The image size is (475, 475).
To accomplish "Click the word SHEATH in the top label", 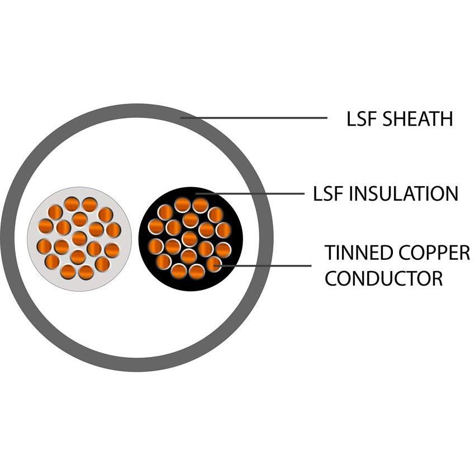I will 417,119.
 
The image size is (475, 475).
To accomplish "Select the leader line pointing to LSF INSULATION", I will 251,194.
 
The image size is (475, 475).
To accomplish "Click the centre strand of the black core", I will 189,239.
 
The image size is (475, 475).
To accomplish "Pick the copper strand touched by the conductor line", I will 213,264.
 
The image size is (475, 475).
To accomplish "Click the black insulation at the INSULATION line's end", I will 197,193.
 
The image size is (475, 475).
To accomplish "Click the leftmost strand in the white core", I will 44,246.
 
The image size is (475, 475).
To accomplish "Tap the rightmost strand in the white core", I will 113,230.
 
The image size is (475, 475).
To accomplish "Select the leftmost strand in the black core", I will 155,246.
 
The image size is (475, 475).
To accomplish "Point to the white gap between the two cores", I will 135,239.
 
